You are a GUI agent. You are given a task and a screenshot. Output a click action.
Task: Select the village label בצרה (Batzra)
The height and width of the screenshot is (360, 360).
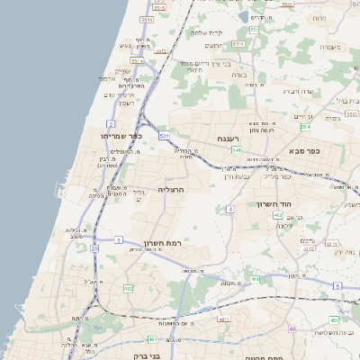(x=238, y=74)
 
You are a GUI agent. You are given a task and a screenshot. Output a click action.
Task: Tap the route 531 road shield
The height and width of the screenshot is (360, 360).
(x=164, y=135)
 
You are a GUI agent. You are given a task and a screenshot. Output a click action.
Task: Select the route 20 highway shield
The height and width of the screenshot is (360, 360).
(x=94, y=247)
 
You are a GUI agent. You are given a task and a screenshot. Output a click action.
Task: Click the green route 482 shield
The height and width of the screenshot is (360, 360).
(x=129, y=288)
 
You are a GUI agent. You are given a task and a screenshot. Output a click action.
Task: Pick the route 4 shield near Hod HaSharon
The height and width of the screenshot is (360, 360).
(x=229, y=209)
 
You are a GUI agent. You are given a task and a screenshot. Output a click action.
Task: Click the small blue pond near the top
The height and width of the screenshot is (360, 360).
(x=242, y=16)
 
